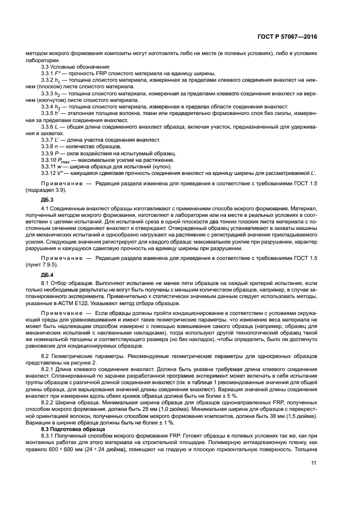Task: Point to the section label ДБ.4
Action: pos(40,274)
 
